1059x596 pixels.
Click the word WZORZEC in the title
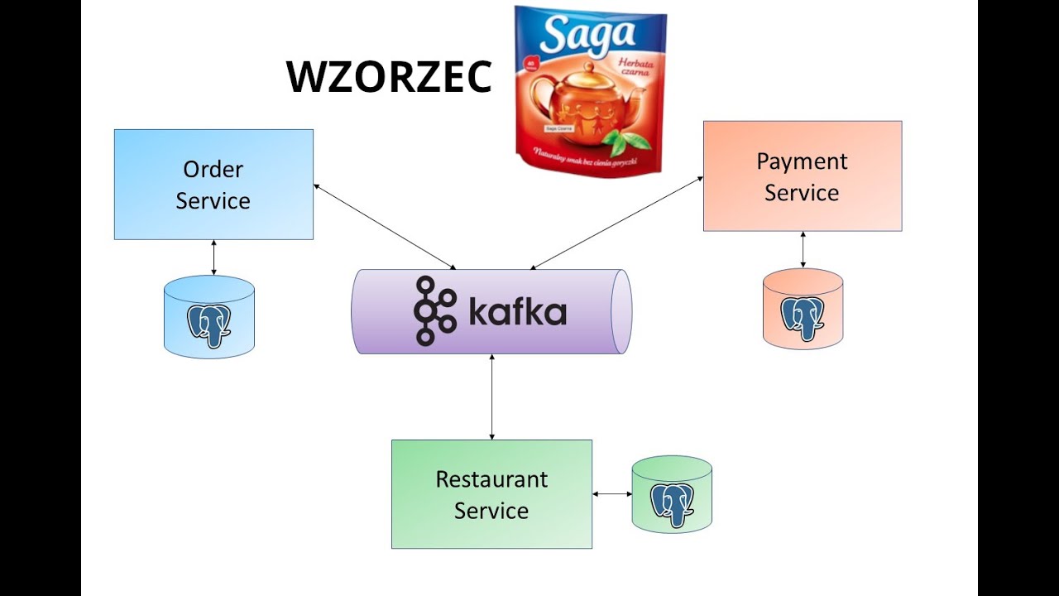point(389,77)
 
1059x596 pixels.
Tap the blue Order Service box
point(213,185)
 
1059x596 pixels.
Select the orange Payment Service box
point(802,176)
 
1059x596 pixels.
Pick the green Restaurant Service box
point(491,494)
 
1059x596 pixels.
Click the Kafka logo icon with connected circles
point(435,311)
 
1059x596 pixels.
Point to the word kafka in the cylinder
point(517,313)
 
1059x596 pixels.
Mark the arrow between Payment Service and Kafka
point(616,222)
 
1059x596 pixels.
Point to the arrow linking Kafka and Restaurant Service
point(492,397)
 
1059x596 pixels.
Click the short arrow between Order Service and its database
point(213,257)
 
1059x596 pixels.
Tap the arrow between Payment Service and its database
point(803,249)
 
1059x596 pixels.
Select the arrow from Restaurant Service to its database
point(612,494)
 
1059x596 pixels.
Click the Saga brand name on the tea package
point(590,35)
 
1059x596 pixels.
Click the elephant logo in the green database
point(672,503)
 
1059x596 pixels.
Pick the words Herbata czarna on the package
point(633,67)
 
